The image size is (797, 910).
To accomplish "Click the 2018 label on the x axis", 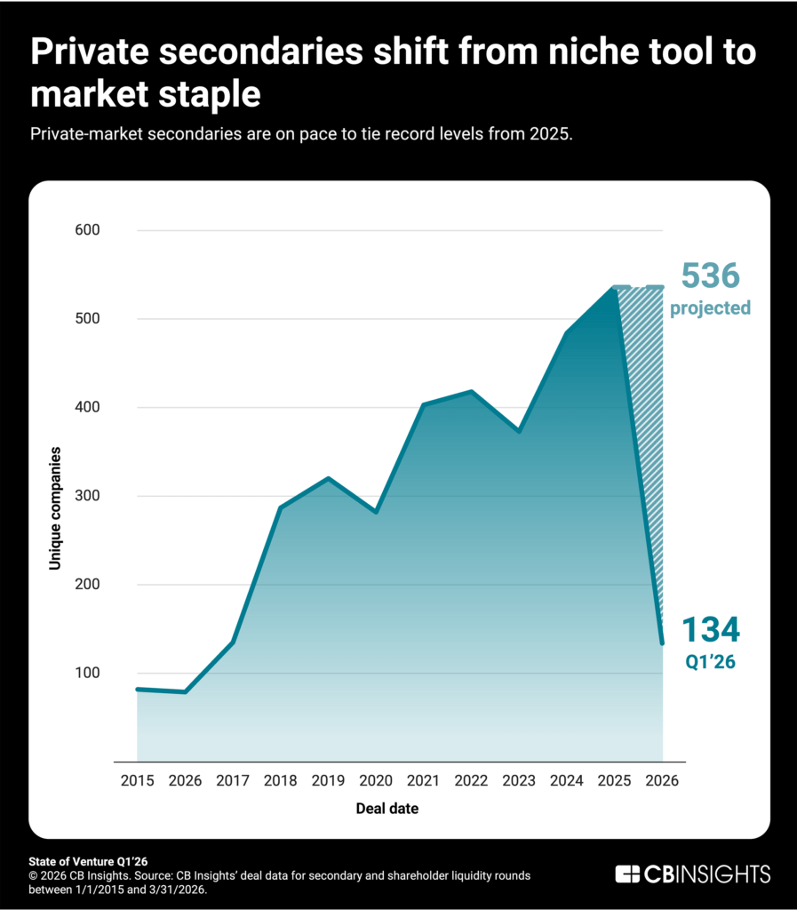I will click(281, 781).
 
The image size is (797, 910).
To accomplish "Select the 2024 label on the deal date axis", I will click(567, 781).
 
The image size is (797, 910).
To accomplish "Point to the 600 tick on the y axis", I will click(88, 230).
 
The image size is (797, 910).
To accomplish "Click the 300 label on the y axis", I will click(88, 496).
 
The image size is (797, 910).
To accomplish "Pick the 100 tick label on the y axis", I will click(88, 673).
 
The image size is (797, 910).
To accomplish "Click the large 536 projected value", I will click(710, 276).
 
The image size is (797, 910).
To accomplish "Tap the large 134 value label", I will click(710, 630).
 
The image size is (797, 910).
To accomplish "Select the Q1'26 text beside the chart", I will click(709, 662).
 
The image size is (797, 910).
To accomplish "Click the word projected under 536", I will click(710, 308).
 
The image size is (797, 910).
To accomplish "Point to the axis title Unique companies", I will click(55, 508).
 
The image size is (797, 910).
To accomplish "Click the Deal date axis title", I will click(387, 809).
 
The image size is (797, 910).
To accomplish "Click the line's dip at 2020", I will click(376, 512).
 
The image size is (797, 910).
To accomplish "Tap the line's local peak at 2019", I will click(329, 479).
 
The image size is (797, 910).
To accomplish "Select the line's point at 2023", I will click(519, 431).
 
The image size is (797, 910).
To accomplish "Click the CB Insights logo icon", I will click(629, 874).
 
